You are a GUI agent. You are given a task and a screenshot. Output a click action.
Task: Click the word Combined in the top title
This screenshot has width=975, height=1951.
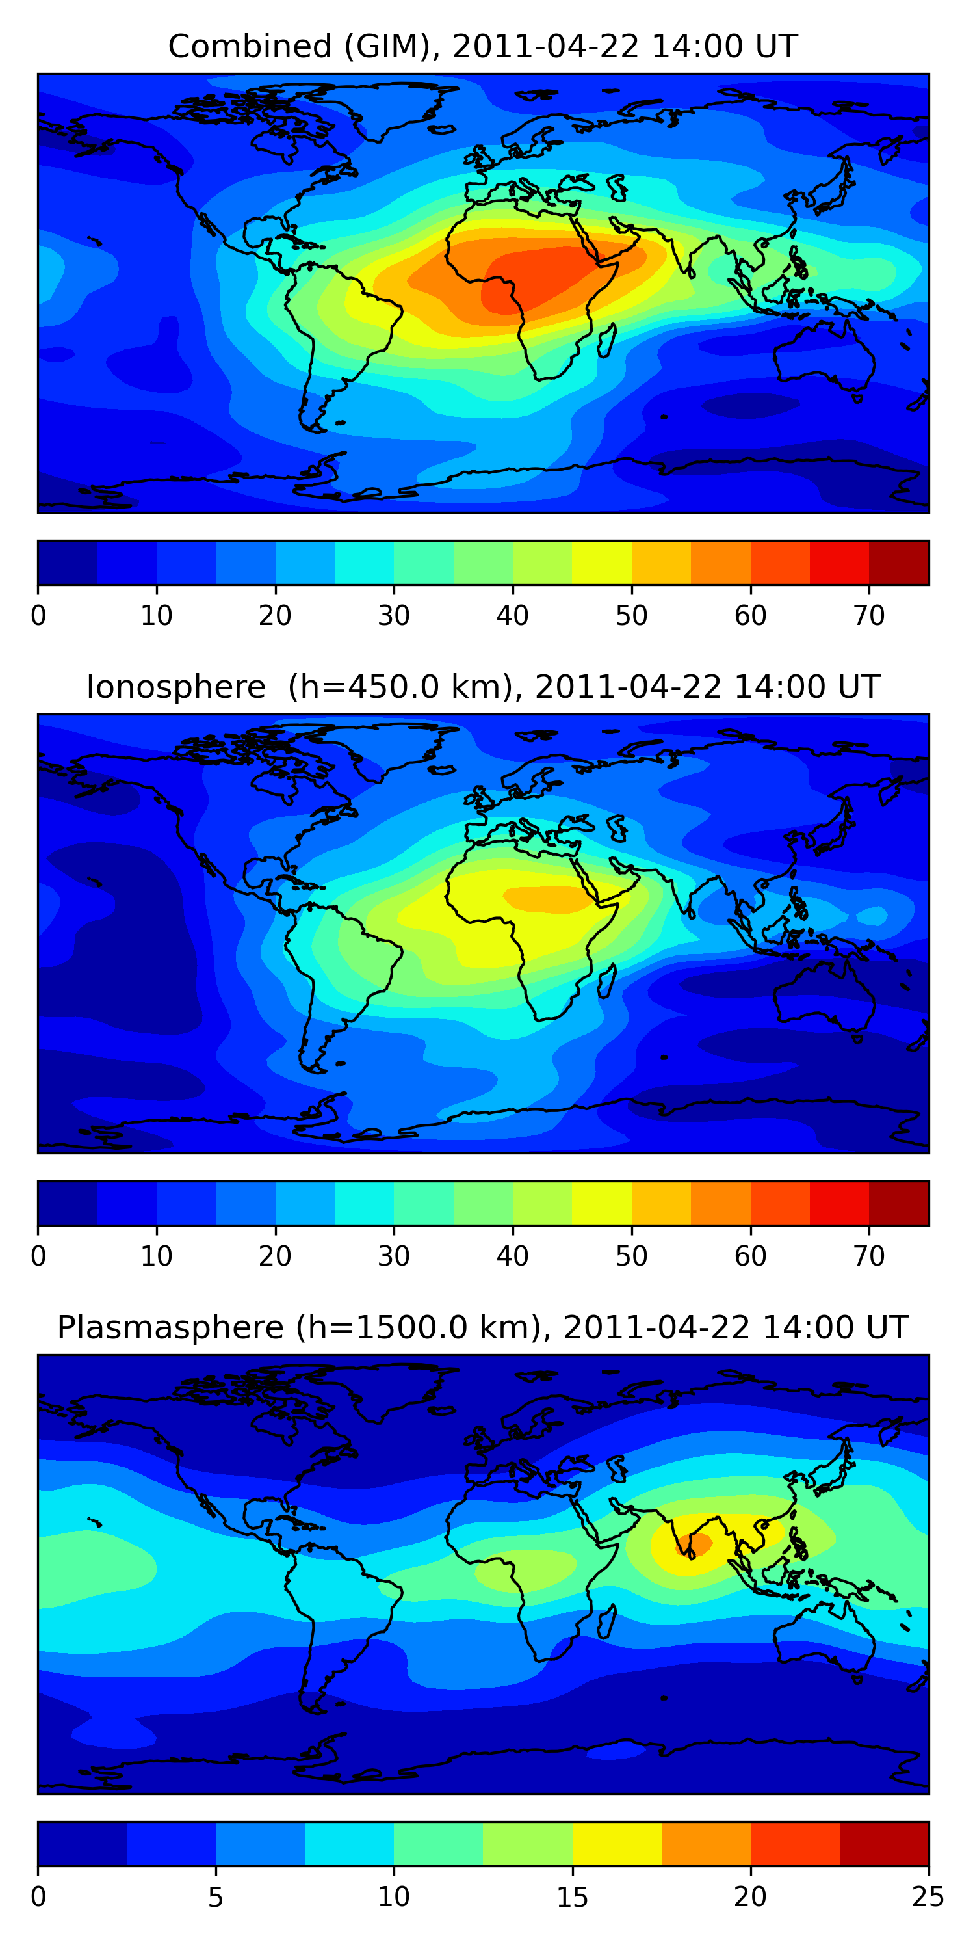coord(249,46)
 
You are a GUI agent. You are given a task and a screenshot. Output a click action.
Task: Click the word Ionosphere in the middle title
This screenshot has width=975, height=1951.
coord(175,687)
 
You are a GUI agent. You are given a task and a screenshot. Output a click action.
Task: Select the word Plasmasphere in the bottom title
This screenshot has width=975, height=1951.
coord(170,1328)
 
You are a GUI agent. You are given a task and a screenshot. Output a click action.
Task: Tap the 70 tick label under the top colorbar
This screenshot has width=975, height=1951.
coord(869,616)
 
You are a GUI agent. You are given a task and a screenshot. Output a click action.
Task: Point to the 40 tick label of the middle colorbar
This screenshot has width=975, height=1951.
coord(512,1256)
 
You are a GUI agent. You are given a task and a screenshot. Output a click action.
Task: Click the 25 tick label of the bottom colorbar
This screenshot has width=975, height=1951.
coord(928,1897)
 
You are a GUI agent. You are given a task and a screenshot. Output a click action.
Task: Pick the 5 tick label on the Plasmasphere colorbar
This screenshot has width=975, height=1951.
coord(216,1897)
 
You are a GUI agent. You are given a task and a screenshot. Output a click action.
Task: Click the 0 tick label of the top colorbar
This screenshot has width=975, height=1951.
coord(38,616)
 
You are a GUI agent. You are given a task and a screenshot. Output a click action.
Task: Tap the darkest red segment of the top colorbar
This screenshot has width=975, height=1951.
coord(898,563)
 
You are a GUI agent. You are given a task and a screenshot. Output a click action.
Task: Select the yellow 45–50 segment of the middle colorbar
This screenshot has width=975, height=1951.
coord(602,1204)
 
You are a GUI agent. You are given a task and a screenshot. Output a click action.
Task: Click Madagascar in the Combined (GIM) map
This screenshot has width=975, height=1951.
coord(607,340)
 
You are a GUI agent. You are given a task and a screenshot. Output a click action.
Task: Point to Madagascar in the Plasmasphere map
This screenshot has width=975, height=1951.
coord(607,1621)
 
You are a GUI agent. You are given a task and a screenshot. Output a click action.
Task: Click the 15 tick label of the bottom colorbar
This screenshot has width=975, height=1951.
coord(572,1897)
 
